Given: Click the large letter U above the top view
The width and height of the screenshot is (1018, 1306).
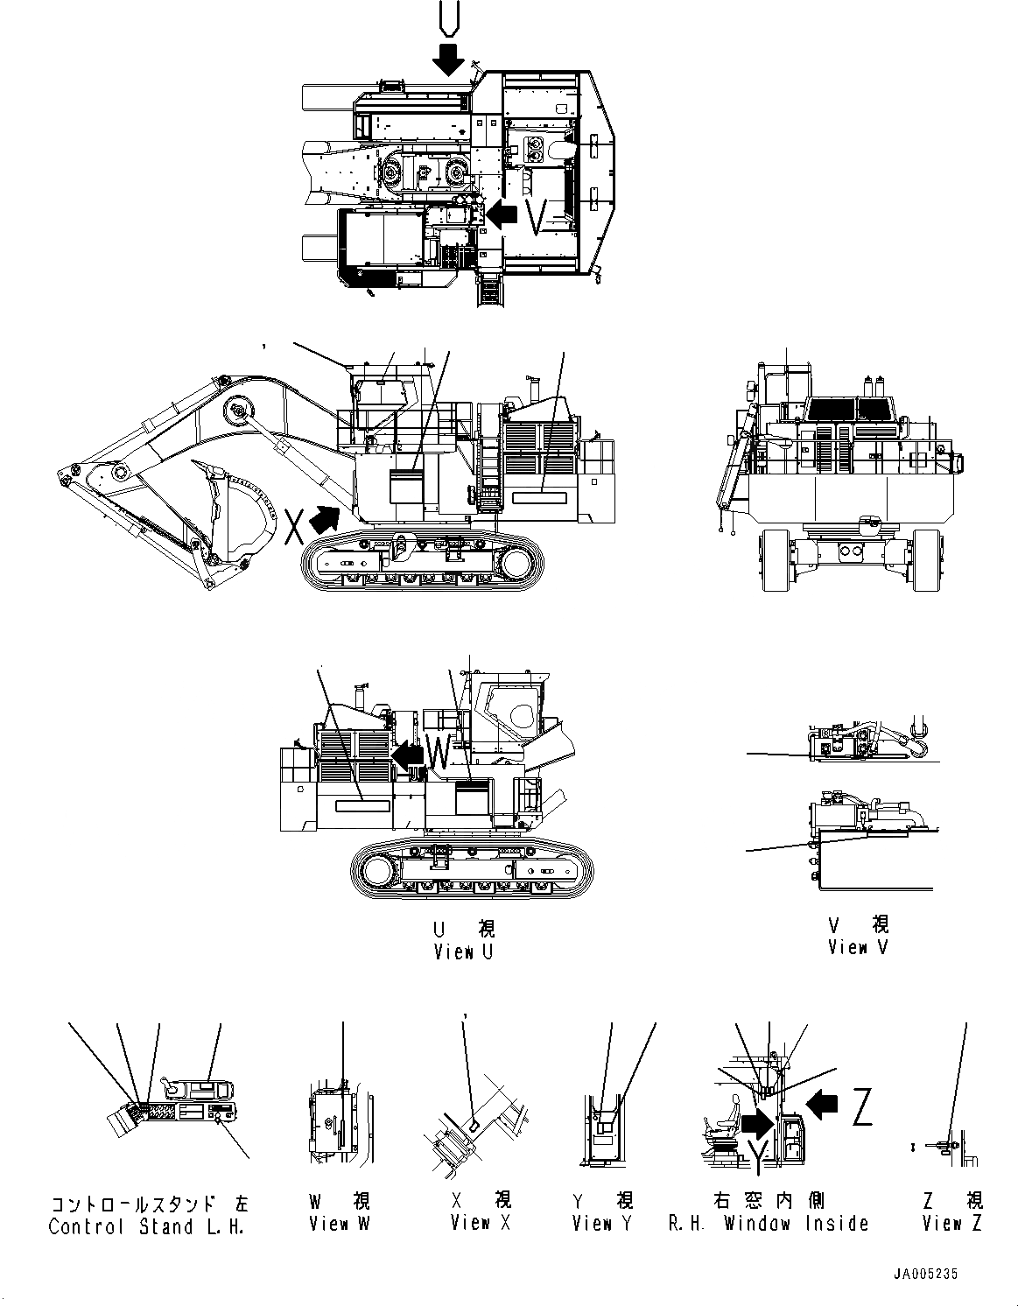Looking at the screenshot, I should (449, 19).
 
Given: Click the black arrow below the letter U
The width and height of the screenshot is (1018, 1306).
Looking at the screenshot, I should (449, 59).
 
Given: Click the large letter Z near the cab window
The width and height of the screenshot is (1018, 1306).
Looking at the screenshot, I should (862, 1109).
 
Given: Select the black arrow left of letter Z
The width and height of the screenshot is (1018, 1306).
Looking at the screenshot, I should (821, 1105).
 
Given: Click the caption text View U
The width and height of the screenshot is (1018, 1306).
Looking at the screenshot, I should (464, 951).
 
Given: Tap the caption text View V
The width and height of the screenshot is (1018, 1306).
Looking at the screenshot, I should (858, 947).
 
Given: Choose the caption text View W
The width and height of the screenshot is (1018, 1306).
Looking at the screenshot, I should (340, 1223).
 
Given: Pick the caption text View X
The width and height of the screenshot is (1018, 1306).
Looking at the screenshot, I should (481, 1223).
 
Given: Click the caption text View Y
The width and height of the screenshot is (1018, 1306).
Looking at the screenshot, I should (602, 1223).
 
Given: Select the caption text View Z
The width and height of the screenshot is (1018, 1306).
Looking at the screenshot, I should (952, 1223).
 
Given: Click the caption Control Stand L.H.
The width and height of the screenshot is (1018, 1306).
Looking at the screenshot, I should (145, 1226).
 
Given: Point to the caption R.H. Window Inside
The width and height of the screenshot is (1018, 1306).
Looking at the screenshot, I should (769, 1223).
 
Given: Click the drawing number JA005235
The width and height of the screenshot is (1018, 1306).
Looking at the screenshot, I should (932, 1275).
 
